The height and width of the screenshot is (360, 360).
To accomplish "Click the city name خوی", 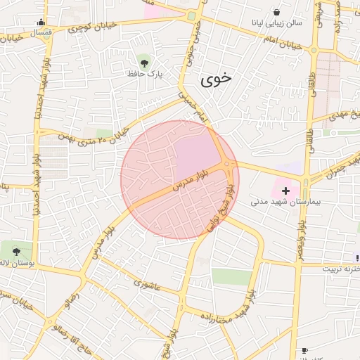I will click(x=216, y=80).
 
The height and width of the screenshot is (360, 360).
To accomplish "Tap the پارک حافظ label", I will click(x=145, y=73).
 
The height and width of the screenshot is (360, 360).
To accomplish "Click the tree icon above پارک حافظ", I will click(x=145, y=60).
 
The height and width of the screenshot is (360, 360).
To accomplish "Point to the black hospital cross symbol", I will click(x=285, y=191).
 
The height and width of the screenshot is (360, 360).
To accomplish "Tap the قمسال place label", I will click(x=41, y=33).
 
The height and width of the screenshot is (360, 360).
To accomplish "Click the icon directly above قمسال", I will click(x=41, y=22).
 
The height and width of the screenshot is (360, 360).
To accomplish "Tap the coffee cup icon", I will click(x=304, y=350).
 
